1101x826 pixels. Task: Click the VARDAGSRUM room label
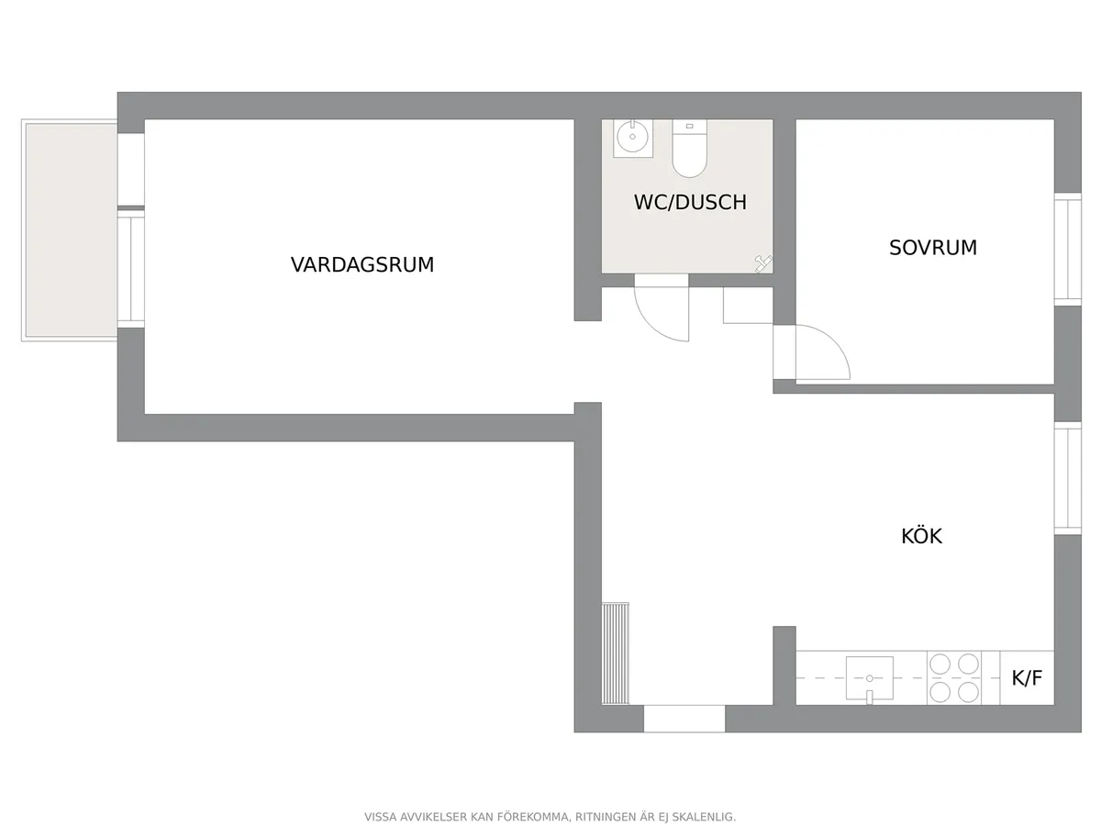[x=361, y=265]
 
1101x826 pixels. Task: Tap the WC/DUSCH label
[x=690, y=202]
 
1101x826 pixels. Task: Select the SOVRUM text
[x=932, y=248]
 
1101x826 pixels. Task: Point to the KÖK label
[x=921, y=536]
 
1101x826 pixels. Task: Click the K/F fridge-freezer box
[x=1027, y=679]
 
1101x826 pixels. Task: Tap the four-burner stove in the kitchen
[x=954, y=678]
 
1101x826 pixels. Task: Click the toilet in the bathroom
[x=689, y=149]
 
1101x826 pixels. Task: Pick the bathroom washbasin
[x=633, y=139]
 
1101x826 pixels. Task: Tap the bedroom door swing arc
[x=823, y=353]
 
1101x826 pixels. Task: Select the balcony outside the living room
[x=70, y=230]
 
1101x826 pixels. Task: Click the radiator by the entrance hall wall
[x=616, y=653]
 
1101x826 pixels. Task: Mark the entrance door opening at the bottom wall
[x=684, y=719]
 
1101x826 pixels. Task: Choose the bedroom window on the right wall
[x=1067, y=249]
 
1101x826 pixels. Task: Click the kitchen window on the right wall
[x=1067, y=478]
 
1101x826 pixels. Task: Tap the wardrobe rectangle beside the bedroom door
[x=748, y=306]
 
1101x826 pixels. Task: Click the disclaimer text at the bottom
[x=550, y=817]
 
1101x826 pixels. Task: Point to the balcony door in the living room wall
[x=131, y=268]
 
